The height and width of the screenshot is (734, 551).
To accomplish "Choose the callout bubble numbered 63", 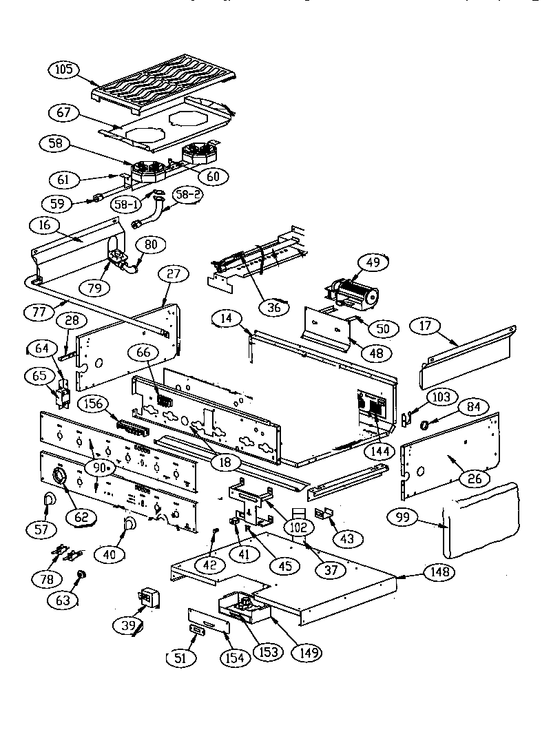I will point(63,600).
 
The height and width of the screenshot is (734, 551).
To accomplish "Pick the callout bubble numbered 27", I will point(174,274).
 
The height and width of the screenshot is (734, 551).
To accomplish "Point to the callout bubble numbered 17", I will point(428,324).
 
